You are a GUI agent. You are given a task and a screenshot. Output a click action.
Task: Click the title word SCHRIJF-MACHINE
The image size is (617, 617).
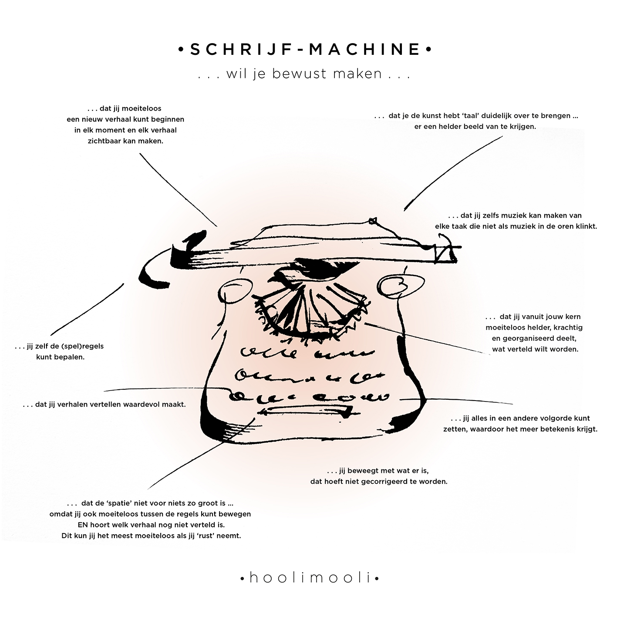click(x=305, y=49)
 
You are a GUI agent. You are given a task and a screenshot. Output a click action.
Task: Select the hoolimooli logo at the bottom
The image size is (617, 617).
click(x=310, y=578)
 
